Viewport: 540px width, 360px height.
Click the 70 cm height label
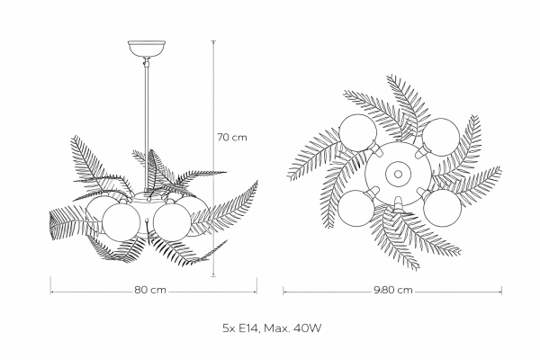pyautogui.click(x=232, y=138)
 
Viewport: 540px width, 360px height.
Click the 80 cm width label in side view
pyautogui.click(x=150, y=290)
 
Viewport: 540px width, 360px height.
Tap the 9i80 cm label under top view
pyautogui.click(x=393, y=290)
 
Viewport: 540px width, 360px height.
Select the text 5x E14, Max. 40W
pyautogui.click(x=272, y=328)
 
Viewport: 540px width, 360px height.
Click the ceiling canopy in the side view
pyautogui.click(x=147, y=49)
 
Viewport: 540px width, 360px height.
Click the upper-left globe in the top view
pyautogui.click(x=358, y=133)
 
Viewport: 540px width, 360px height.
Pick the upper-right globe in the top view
pyautogui.click(x=441, y=137)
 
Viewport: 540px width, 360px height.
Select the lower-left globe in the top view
pyautogui.click(x=356, y=208)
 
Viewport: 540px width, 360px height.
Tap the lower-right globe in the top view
pyautogui.click(x=442, y=208)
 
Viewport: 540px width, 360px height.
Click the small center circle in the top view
pyautogui.click(x=398, y=174)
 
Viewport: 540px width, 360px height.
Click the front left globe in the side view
pyautogui.click(x=121, y=222)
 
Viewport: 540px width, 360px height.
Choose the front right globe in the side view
pyautogui.click(x=172, y=222)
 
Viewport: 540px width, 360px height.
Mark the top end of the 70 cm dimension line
pyautogui.click(x=213, y=41)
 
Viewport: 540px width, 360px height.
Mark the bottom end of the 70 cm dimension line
pyautogui.click(x=213, y=276)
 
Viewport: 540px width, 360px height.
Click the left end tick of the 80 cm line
pyautogui.click(x=50, y=285)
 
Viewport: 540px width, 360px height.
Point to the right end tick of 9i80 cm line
pyautogui.click(x=502, y=291)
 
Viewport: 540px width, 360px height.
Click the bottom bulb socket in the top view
pyautogui.click(x=398, y=203)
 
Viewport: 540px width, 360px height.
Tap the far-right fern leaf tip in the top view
pyautogui.click(x=500, y=168)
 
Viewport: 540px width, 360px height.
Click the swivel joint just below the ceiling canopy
pyautogui.click(x=147, y=63)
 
